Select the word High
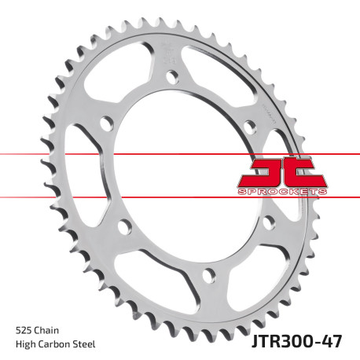coord(24,343)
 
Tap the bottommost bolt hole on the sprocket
coord(208,274)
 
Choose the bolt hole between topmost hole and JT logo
coord(250,125)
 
